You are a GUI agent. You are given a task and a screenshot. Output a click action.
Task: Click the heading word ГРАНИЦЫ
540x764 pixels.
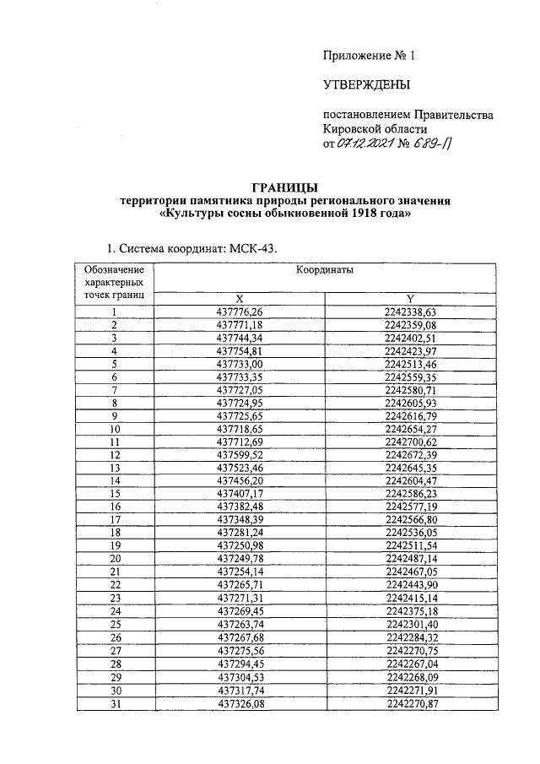[x=285, y=187]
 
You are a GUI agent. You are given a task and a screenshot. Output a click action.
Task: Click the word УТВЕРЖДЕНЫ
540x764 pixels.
[x=366, y=84]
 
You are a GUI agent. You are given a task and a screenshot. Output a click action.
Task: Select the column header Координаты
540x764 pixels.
[x=324, y=270]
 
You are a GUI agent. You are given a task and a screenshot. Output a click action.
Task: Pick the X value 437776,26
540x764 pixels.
[x=240, y=312]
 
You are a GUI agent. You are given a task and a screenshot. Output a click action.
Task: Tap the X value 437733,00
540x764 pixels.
[x=240, y=363]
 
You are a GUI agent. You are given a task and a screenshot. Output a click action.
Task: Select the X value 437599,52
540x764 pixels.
[x=240, y=454]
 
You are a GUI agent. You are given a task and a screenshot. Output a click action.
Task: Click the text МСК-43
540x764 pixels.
[x=252, y=248]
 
